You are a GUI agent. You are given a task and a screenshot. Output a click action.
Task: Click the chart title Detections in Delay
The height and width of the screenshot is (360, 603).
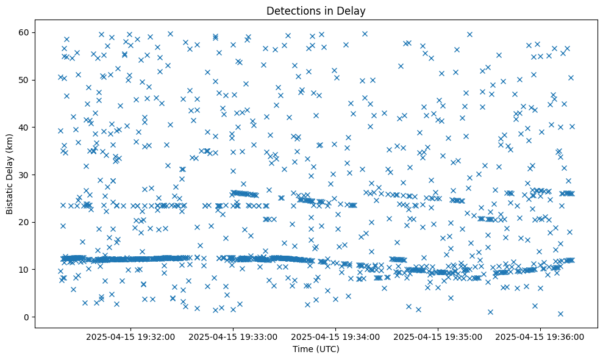316,10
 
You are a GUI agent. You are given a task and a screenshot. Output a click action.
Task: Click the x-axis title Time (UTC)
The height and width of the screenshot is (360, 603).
316,349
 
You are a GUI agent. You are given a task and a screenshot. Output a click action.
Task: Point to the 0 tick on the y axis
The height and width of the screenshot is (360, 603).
27,317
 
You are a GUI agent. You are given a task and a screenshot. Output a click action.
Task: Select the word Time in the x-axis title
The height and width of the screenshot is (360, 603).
302,349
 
